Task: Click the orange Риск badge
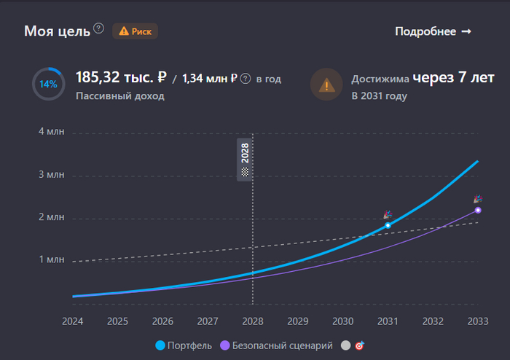(135, 31)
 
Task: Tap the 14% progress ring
(48, 84)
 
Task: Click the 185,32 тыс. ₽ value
(122, 77)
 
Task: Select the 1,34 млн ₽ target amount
(210, 78)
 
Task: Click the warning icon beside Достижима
(326, 85)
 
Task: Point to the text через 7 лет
(454, 77)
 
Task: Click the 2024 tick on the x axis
(73, 321)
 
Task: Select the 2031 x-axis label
(388, 321)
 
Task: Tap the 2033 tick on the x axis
(478, 321)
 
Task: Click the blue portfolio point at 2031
(388, 225)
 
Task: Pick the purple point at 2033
(478, 210)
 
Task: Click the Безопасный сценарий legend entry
(276, 345)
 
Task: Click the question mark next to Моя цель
(99, 29)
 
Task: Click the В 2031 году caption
(379, 95)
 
